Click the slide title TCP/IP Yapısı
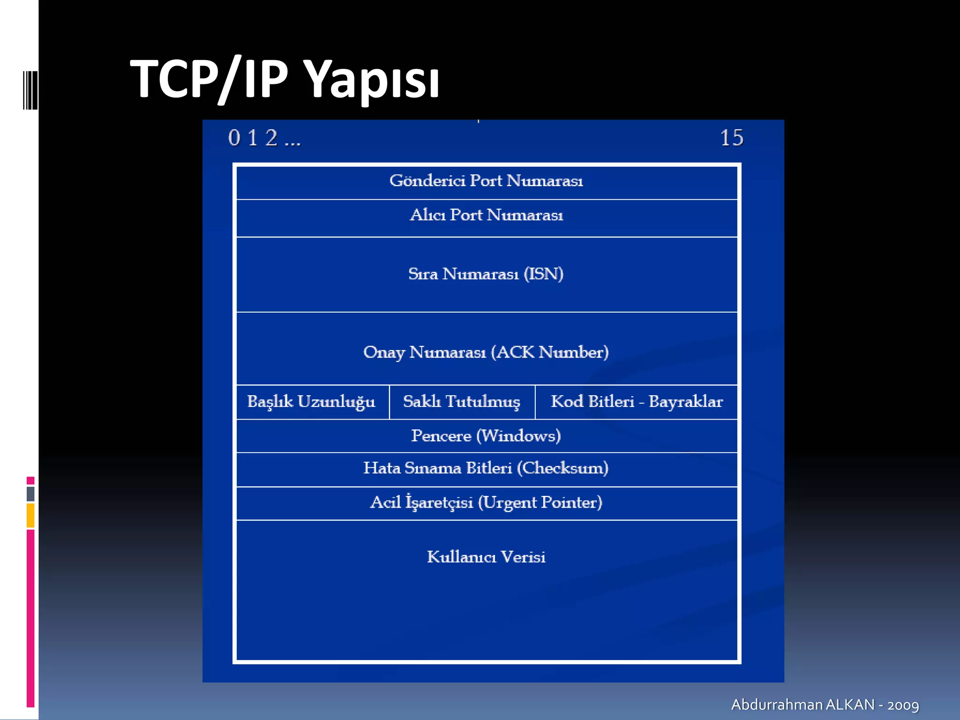[285, 79]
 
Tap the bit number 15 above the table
[731, 138]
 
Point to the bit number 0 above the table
[234, 138]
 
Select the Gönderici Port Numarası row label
[486, 181]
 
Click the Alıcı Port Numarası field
[486, 215]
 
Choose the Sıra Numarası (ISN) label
[486, 274]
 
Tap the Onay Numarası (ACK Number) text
[486, 352]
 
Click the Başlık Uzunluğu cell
[311, 402]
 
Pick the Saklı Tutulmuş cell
[462, 402]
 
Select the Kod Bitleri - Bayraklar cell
[637, 402]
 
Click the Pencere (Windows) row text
[486, 436]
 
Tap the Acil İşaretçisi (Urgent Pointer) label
[486, 502]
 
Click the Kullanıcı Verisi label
[486, 557]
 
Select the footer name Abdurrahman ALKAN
[802, 705]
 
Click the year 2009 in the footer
[903, 705]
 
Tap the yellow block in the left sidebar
[30, 515]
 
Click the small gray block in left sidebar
[30, 494]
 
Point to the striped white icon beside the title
[30, 90]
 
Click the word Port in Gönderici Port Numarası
[486, 181]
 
